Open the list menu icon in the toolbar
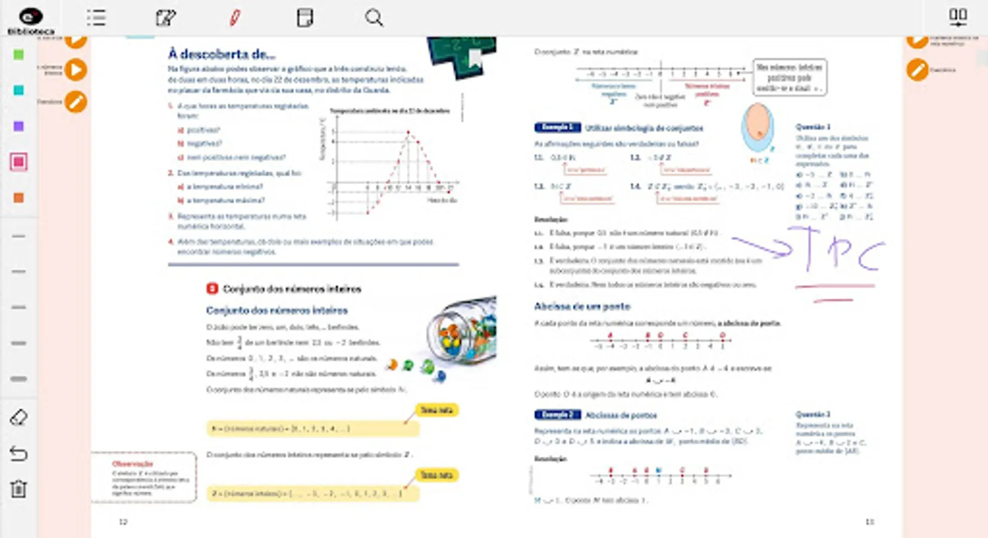[96, 18]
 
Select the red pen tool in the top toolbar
[235, 18]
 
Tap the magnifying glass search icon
[374, 18]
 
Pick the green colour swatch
[19, 55]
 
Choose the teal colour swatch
[19, 90]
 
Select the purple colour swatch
[19, 126]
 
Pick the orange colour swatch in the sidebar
[19, 198]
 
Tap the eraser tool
[19, 417]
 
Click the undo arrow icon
[19, 454]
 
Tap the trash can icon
[19, 489]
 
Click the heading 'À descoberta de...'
[221, 54]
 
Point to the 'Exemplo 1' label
[557, 127]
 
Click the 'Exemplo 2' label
[557, 415]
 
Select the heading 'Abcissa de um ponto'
[582, 307]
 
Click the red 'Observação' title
[133, 464]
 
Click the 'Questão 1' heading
[813, 127]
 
